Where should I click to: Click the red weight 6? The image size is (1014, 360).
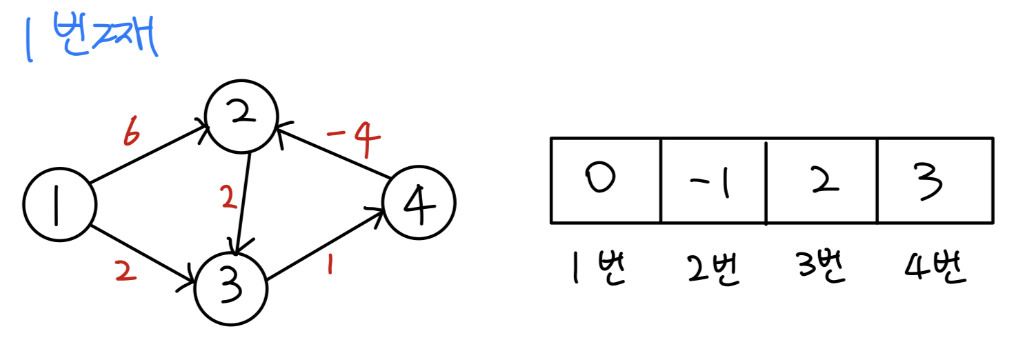[x=132, y=131]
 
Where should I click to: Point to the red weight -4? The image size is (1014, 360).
[x=354, y=138]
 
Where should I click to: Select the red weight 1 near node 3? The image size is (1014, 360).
[x=330, y=264]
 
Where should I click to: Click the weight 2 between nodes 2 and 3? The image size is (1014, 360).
[x=229, y=197]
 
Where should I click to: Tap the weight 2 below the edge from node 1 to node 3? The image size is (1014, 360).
[x=126, y=271]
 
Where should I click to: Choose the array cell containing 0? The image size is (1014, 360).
[x=606, y=180]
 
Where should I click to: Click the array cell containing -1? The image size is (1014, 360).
[x=713, y=180]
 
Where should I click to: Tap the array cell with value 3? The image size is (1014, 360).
[x=935, y=180]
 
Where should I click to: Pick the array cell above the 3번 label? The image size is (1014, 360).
[x=821, y=180]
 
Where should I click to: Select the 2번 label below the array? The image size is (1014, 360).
[x=713, y=269]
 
